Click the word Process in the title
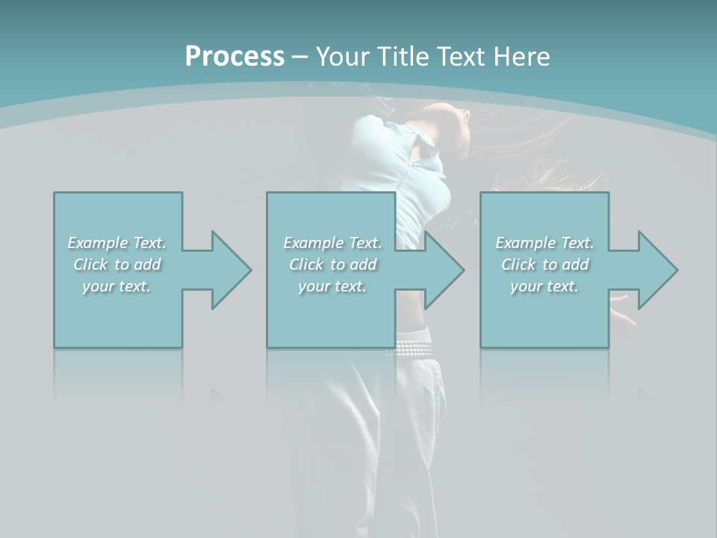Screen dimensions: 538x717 tap(235, 57)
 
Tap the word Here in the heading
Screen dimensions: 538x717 tap(521, 57)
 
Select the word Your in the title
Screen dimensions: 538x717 tap(343, 57)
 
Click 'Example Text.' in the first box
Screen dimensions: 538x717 tap(117, 243)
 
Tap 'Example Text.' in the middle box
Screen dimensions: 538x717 tap(332, 243)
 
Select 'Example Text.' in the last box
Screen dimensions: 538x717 tap(544, 243)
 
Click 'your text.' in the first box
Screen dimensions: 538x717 tap(117, 286)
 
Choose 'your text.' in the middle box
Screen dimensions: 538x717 tap(332, 286)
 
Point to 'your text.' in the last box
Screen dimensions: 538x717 tap(544, 286)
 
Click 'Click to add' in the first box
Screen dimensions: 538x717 tap(117, 265)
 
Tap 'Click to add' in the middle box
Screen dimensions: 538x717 tap(332, 265)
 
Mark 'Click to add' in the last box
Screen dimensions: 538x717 tap(544, 265)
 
